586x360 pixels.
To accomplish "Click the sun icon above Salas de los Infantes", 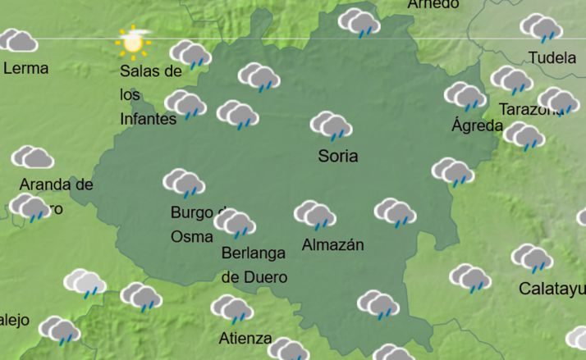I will pyautogui.click(x=133, y=41).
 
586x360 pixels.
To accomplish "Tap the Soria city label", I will pyautogui.click(x=338, y=156).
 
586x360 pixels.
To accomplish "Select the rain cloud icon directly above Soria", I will pyautogui.click(x=332, y=125).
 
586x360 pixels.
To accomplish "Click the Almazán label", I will pyautogui.click(x=332, y=245).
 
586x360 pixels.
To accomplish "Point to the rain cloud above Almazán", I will pyautogui.click(x=315, y=215).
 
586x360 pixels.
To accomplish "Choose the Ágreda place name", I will pyautogui.click(x=477, y=126).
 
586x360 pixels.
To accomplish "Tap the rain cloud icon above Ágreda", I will pyautogui.click(x=465, y=96).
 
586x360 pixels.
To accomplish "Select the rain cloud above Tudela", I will pyautogui.click(x=541, y=28).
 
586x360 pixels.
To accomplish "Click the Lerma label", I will pyautogui.click(x=26, y=68).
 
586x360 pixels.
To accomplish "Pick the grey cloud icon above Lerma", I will pyautogui.click(x=18, y=40).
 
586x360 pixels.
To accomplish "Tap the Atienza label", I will pyautogui.click(x=245, y=338).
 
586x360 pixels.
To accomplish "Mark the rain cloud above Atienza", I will pyautogui.click(x=231, y=309).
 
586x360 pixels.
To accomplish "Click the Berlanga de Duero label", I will pyautogui.click(x=254, y=265).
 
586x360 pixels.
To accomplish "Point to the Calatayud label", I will pyautogui.click(x=552, y=289).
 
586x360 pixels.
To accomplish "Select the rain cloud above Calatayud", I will pyautogui.click(x=532, y=258).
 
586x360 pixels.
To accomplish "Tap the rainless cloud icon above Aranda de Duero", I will pyautogui.click(x=33, y=157).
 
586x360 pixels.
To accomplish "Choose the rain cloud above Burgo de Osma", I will pyautogui.click(x=184, y=183).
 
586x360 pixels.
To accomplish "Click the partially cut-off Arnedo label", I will pyautogui.click(x=433, y=4).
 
